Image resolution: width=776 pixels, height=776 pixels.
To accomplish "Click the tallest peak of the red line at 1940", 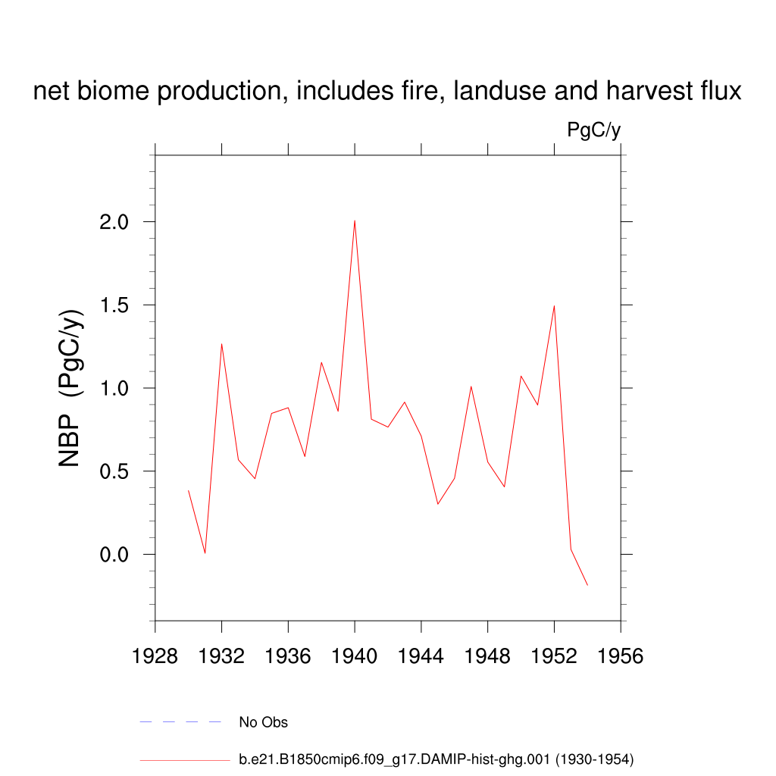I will [x=355, y=221].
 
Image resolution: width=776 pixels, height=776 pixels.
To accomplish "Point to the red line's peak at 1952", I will [x=554, y=306].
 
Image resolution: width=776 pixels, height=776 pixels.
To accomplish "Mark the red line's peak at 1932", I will [x=221, y=344].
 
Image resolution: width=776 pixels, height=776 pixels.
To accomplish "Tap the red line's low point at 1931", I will [x=205, y=553].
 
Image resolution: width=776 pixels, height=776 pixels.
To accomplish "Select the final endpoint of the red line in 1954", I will [x=587, y=585].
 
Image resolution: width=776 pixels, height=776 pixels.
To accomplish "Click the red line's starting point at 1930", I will [x=189, y=490].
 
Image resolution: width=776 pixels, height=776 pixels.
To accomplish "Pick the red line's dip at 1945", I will [x=437, y=504].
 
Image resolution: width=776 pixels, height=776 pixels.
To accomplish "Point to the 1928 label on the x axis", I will [x=155, y=656].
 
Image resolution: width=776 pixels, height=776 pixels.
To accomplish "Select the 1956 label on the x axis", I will [x=621, y=656].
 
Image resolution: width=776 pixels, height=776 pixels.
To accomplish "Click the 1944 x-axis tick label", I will [x=421, y=656].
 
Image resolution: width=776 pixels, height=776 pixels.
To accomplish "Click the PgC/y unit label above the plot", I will [x=594, y=130].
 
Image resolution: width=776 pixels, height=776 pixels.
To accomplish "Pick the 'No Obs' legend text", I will [x=263, y=722].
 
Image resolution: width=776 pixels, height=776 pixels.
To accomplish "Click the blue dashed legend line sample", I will [x=180, y=722].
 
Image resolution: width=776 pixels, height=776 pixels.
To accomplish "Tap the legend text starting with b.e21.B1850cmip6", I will [x=436, y=759].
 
